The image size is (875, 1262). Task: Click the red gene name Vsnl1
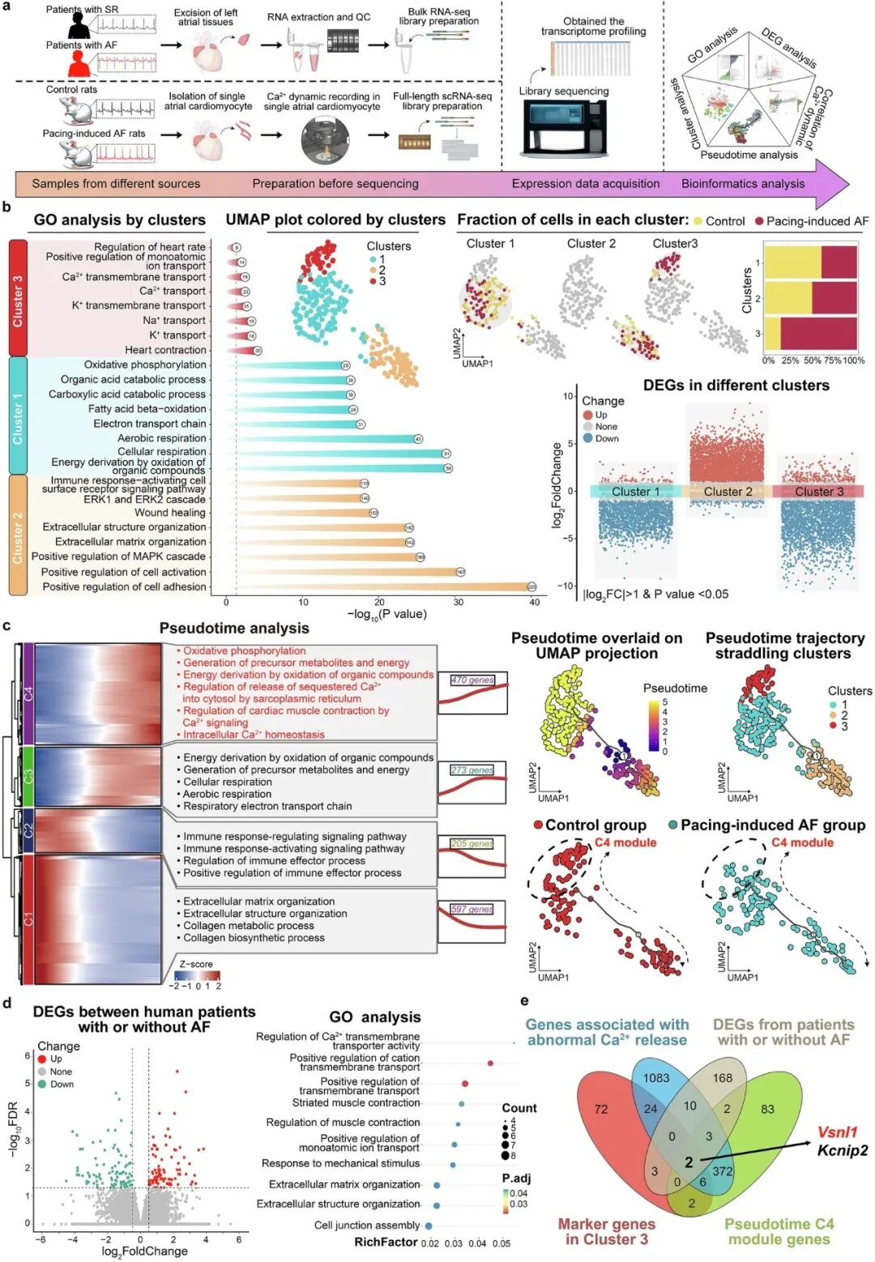point(837,1132)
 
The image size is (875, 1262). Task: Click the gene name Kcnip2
point(842,1150)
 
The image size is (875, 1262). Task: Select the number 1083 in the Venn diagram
point(656,1077)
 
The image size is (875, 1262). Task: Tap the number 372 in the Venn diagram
point(722,1171)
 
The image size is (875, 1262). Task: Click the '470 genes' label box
point(472,680)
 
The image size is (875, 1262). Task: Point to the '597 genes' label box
point(472,909)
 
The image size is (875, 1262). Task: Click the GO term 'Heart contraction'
point(165,350)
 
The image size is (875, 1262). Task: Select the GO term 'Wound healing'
point(170,513)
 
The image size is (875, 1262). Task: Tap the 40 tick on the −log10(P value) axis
point(534,602)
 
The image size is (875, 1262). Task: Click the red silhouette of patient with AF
point(79,63)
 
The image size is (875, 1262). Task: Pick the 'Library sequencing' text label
point(564,92)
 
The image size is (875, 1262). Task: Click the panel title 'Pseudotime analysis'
point(234,629)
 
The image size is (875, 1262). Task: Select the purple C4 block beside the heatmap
point(28,693)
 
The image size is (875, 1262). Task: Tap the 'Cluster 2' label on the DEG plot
point(728,492)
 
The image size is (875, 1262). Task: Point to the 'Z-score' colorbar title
point(196,964)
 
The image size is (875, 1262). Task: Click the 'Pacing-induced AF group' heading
point(772,825)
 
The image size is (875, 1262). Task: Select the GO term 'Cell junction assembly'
point(366,1226)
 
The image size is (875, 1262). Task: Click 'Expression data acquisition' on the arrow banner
point(585,184)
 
